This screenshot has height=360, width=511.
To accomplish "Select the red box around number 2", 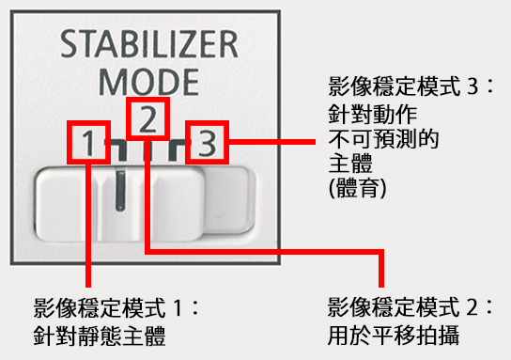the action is pyautogui.click(x=147, y=117).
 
